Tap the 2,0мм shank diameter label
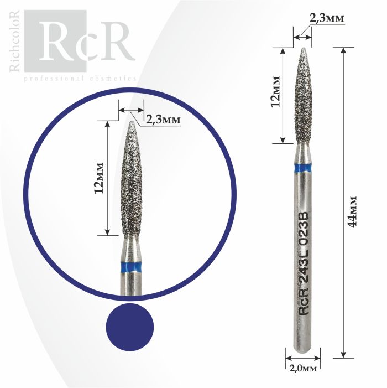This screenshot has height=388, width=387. pyautogui.click(x=303, y=369)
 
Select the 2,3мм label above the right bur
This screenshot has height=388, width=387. pyautogui.click(x=326, y=18)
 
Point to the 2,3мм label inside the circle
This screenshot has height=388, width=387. pyautogui.click(x=163, y=120)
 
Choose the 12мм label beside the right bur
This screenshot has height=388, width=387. pyautogui.click(x=276, y=91)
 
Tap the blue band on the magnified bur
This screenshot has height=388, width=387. pyautogui.click(x=131, y=267)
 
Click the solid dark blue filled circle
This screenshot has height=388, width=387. pyautogui.click(x=130, y=327)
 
